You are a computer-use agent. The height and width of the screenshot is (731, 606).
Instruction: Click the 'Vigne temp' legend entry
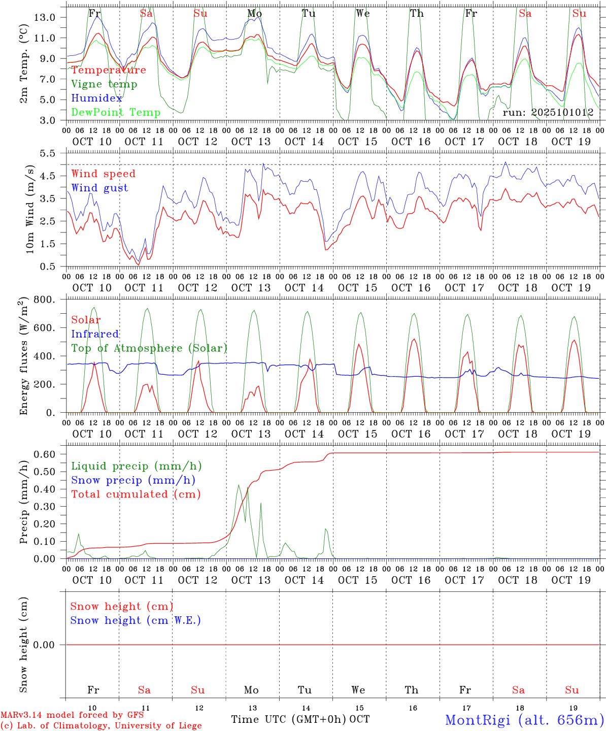(x=104, y=84)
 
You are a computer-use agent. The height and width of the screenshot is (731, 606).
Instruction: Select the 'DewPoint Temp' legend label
(x=116, y=113)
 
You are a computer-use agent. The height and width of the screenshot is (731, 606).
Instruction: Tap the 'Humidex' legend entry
(x=96, y=98)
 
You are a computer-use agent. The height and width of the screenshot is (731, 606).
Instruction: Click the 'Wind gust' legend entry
(x=99, y=188)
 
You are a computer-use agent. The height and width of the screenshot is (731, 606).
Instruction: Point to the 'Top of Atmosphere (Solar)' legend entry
(x=149, y=348)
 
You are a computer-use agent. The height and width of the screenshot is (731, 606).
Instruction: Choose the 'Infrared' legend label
(x=95, y=334)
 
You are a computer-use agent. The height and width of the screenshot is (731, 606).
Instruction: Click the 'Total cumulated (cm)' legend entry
(x=136, y=494)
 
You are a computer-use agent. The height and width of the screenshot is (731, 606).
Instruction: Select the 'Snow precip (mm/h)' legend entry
(x=133, y=480)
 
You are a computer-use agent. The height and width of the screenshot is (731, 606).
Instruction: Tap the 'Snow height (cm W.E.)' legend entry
(x=136, y=620)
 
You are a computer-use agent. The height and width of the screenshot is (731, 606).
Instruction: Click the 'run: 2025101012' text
(x=548, y=112)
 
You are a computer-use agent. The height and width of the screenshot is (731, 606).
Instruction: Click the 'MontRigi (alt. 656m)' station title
(x=524, y=720)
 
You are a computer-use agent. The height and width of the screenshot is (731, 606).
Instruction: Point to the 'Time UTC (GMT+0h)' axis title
(x=288, y=719)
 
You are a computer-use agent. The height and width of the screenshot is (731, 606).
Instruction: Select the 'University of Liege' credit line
(x=101, y=725)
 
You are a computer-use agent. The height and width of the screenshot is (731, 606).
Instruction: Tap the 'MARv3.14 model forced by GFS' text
(x=72, y=715)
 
